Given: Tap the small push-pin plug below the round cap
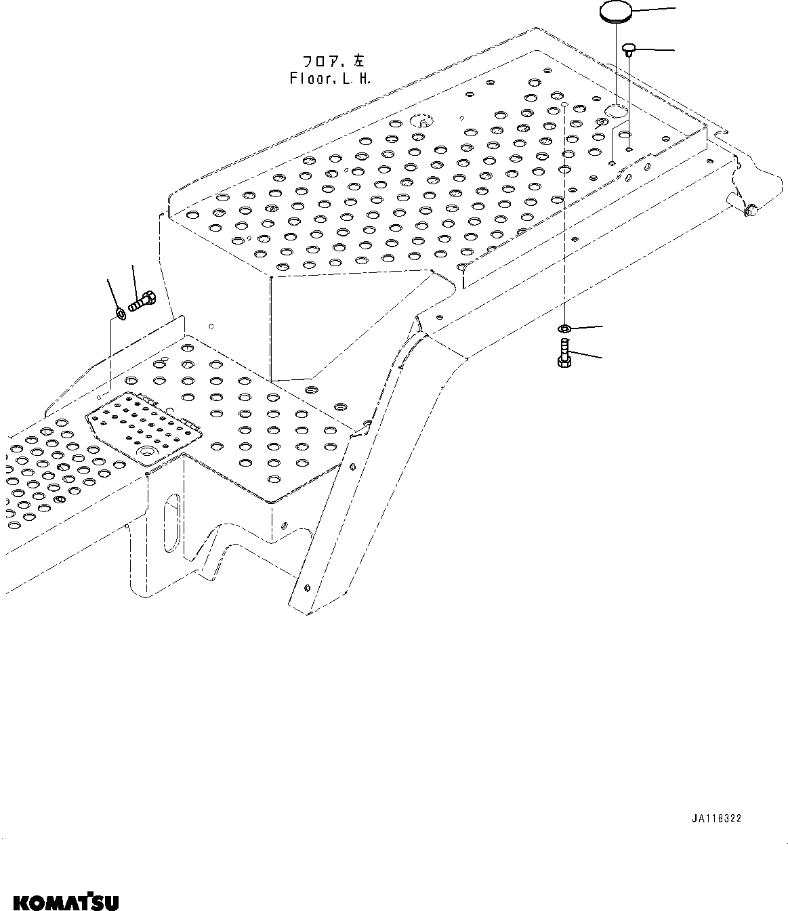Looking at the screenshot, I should [628, 48].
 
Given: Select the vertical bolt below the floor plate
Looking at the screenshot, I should [564, 353].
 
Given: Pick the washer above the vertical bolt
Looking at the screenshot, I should [564, 329].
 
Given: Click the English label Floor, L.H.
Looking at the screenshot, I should [330, 78].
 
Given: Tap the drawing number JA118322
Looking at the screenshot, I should [716, 818].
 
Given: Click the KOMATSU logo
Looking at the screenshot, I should [66, 902].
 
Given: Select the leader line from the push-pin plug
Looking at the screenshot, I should [655, 49].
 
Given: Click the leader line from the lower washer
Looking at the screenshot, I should [587, 327].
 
